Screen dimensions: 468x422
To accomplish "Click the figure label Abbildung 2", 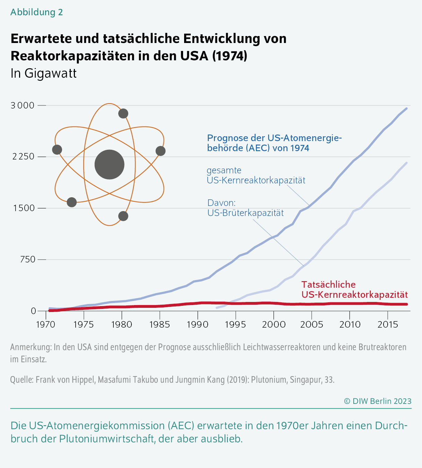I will (x=36, y=12).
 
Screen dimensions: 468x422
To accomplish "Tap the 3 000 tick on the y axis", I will (x=23, y=105).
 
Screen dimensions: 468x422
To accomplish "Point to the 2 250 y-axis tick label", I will (x=23, y=157).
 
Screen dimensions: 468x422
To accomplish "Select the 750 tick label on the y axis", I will (x=28, y=259).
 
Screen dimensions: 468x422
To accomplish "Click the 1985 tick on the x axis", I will (x=160, y=324).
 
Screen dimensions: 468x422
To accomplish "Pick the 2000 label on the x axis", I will (x=274, y=324).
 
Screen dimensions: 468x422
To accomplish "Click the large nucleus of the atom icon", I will (x=110, y=164).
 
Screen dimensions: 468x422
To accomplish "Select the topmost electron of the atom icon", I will (x=123, y=113).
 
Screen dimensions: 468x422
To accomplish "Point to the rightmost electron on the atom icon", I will (x=161, y=151).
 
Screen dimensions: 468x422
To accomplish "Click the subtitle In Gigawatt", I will (x=43, y=73).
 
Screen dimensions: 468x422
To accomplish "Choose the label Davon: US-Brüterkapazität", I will (x=246, y=208).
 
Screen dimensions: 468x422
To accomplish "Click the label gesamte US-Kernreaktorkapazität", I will (x=256, y=175).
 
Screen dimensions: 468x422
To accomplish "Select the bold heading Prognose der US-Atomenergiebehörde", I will (x=274, y=143).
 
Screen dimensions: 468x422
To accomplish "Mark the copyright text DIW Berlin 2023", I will (x=378, y=401).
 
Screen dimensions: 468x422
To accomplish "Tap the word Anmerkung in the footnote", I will (x=31, y=347).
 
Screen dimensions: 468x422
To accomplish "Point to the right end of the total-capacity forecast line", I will (x=406, y=109).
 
